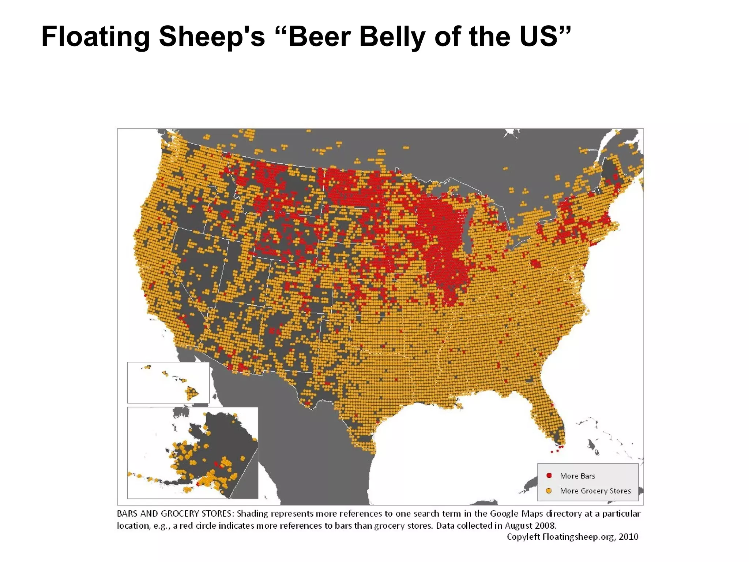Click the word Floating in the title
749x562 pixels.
pos(95,37)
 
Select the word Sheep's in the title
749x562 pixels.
pos(212,37)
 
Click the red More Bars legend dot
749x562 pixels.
pos(549,476)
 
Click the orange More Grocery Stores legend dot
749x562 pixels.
pos(549,491)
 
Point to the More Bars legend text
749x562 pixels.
pos(577,476)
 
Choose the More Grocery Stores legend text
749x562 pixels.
pos(595,491)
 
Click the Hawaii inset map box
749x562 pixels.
pos(168,382)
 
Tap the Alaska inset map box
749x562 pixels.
pos(192,453)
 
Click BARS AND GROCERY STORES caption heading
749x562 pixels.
pos(175,513)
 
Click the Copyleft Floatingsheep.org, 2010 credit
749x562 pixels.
pos(572,537)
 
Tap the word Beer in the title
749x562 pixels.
pos(320,37)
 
